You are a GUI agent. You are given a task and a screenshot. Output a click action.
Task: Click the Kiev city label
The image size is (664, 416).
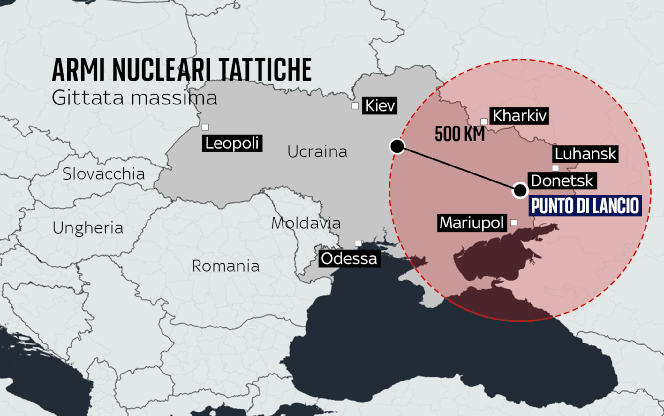(x=380, y=106)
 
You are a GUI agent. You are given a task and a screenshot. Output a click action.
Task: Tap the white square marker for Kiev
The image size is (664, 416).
(x=355, y=106)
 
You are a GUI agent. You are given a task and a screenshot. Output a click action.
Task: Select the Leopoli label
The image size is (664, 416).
(x=232, y=143)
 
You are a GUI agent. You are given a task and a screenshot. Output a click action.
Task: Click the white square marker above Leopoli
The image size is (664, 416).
(x=205, y=127)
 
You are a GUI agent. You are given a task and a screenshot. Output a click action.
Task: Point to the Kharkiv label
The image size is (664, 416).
(x=519, y=116)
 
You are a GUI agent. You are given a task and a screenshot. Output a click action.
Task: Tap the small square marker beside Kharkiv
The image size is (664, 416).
(x=484, y=121)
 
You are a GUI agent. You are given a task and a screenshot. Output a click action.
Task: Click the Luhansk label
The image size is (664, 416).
(x=585, y=154)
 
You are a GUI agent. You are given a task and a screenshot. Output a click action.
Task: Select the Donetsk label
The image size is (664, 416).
(x=562, y=181)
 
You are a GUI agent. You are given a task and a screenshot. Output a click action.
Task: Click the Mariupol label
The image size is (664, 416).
(x=472, y=223)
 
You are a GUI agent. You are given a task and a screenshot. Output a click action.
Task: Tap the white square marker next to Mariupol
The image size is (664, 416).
(x=514, y=223)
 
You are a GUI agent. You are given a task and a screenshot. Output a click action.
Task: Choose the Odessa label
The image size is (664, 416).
(x=349, y=258)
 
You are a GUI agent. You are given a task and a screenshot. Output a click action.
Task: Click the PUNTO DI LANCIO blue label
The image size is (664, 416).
(x=585, y=206)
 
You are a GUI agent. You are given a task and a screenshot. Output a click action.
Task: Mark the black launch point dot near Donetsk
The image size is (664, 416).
(x=520, y=191)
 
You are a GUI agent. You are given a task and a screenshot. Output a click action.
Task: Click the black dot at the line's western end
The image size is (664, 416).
(x=397, y=146)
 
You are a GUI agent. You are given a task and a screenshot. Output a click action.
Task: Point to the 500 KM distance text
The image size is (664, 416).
(x=460, y=134)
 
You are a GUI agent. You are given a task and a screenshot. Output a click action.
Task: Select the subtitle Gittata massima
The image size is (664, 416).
(x=134, y=98)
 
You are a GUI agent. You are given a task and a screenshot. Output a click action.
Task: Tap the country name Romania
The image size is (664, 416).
(x=225, y=266)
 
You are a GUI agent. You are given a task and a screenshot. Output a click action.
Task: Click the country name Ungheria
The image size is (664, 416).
(x=88, y=228)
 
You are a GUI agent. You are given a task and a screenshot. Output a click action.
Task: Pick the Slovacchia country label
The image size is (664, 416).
(x=103, y=174)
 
